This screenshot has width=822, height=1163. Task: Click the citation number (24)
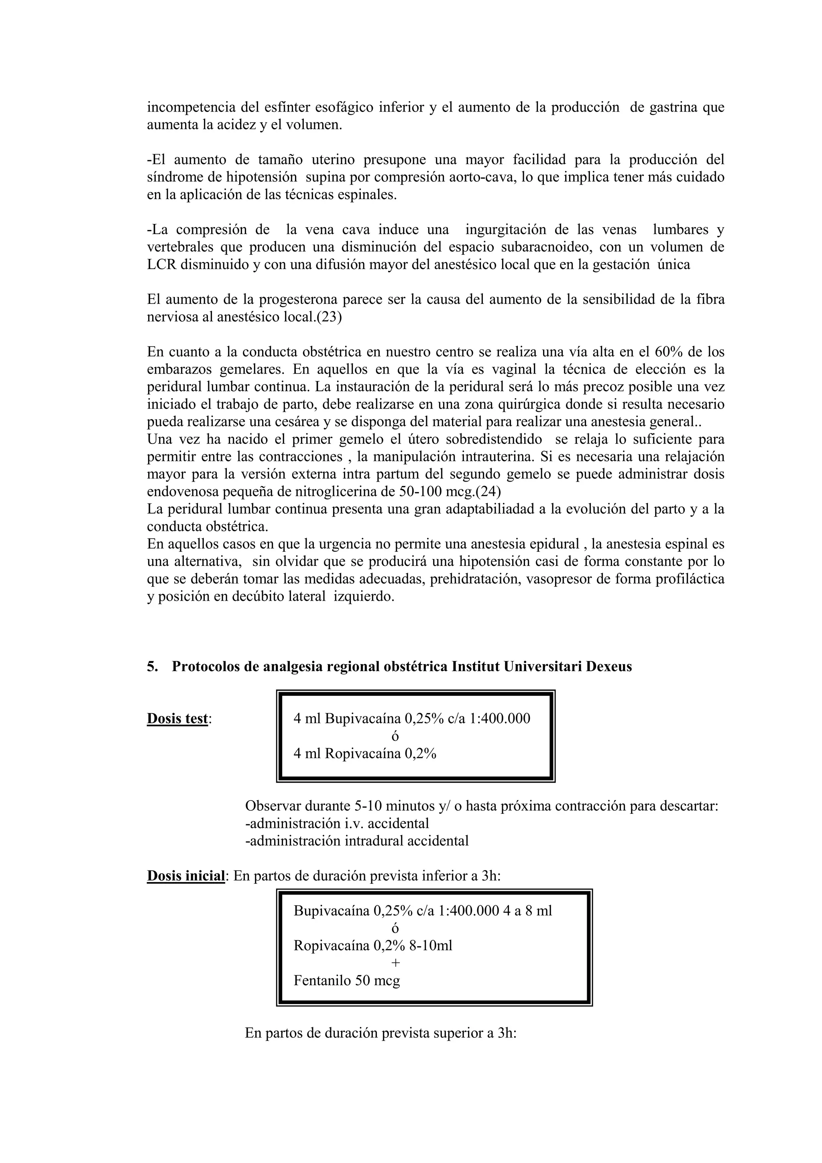click(488, 491)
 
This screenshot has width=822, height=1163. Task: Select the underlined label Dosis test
click(177, 718)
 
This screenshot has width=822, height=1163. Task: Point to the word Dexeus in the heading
click(609, 666)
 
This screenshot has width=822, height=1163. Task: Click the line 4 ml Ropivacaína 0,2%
click(365, 753)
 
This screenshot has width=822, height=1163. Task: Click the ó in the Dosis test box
click(396, 736)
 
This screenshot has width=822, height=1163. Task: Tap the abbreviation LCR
click(162, 264)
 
